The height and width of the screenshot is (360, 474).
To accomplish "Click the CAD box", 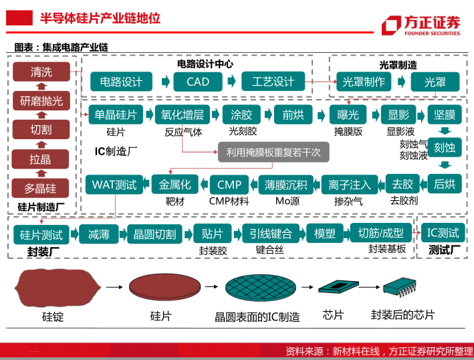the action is (x=198, y=82).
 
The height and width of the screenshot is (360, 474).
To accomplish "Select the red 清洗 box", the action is (x=41, y=72).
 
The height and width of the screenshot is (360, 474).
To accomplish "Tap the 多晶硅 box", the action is (x=40, y=188).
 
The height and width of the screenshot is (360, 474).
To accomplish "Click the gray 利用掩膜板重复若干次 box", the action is (x=273, y=152).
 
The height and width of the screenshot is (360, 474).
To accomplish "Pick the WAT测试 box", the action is (x=114, y=185).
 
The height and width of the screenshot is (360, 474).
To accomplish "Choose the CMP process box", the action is (x=229, y=185).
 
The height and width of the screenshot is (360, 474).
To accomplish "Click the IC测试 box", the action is (x=443, y=233).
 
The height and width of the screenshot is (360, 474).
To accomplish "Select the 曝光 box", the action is (x=348, y=114).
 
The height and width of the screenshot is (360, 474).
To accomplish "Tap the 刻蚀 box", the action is (x=445, y=147).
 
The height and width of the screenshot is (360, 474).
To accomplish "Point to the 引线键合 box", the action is (x=271, y=234).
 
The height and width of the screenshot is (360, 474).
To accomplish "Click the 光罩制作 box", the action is (x=364, y=82).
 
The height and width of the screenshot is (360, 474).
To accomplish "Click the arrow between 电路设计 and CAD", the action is (x=166, y=82).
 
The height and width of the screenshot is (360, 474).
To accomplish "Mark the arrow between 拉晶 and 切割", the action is (x=41, y=145).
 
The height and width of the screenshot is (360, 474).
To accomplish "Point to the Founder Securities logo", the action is (x=421, y=25).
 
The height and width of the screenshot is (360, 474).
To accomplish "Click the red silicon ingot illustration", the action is (x=57, y=287).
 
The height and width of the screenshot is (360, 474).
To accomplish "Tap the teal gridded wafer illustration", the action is (x=261, y=287).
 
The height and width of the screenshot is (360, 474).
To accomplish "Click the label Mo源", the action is (x=287, y=201).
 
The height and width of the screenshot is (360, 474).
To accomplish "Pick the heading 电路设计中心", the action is (x=205, y=64).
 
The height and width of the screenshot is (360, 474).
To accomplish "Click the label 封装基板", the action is (x=387, y=249).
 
